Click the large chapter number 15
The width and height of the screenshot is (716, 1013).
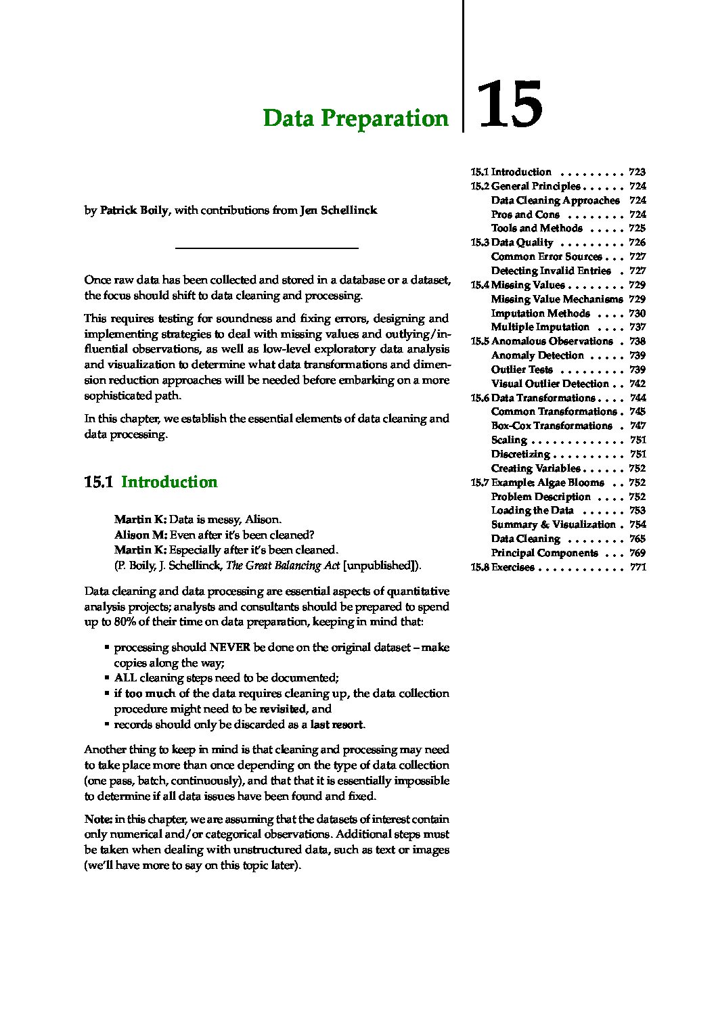pos(510,105)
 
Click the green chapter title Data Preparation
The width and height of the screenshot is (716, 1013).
pos(355,118)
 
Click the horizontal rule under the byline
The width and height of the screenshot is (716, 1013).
pos(267,248)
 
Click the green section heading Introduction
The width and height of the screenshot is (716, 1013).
pos(169,482)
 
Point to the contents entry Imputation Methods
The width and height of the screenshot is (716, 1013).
pos(540,313)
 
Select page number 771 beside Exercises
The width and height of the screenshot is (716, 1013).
pos(637,568)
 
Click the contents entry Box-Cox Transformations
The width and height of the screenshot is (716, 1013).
pos(551,426)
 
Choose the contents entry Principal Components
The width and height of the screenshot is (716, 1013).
pos(544,554)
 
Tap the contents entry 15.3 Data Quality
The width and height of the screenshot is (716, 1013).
pos(512,242)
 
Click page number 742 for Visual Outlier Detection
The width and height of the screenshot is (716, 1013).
pos(637,384)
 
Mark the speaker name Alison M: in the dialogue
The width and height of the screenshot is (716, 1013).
pos(140,535)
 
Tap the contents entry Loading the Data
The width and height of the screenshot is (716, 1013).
pos(532,511)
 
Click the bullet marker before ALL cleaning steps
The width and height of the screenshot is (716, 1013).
pos(107,677)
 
